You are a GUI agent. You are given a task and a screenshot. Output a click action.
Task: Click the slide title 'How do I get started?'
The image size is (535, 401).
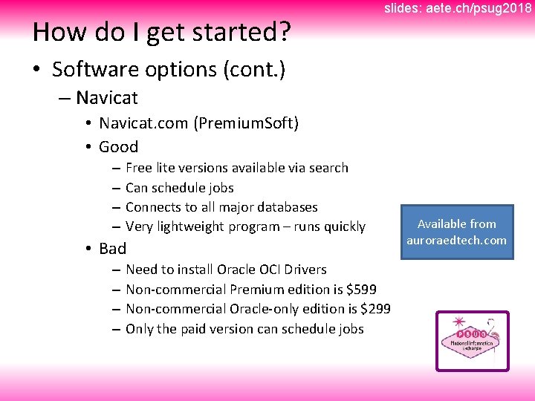pyautogui.click(x=161, y=32)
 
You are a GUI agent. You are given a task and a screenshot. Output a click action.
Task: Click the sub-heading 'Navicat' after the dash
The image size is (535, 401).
pyautogui.click(x=107, y=97)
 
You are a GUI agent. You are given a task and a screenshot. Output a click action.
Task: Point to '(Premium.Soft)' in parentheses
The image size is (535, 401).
pyautogui.click(x=246, y=123)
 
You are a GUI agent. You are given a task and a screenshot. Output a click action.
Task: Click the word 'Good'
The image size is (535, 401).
pyautogui.click(x=118, y=146)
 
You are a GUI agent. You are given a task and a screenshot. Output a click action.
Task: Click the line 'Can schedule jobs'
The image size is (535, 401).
pyautogui.click(x=179, y=188)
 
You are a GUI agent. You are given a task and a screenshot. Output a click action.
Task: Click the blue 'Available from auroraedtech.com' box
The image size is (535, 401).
pyautogui.click(x=456, y=232)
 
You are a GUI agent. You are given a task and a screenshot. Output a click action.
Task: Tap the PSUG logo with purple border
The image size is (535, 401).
pyautogui.click(x=472, y=341)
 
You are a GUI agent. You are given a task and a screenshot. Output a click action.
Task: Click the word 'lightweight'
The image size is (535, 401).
pyautogui.click(x=195, y=226)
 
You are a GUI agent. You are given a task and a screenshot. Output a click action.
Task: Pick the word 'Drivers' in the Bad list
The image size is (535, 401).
pyautogui.click(x=303, y=269)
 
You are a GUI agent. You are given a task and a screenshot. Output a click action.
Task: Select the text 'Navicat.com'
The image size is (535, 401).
pyautogui.click(x=144, y=123)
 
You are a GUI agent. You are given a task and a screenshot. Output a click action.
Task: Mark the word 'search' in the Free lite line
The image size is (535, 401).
pyautogui.click(x=327, y=168)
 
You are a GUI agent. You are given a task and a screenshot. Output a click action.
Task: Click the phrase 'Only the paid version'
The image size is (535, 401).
pyautogui.click(x=189, y=329)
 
